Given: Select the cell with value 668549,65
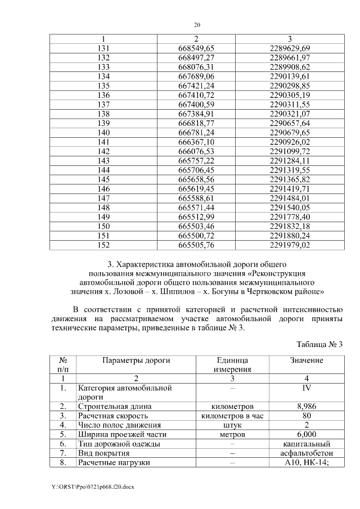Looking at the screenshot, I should point(196,48).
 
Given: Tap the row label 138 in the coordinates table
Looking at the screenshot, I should point(103,113).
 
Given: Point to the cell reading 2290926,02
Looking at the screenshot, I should point(290,142).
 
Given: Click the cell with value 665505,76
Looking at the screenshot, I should point(196,245).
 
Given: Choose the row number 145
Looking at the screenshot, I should point(103,179).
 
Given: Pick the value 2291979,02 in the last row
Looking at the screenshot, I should point(290,245).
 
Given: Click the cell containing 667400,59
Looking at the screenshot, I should point(196,104).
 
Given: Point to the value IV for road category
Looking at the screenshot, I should point(307,388).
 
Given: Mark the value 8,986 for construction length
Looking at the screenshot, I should point(307,406).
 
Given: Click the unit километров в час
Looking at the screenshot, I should point(232,416).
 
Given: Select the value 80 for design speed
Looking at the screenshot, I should point(307,416).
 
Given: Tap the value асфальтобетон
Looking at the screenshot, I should point(307,453).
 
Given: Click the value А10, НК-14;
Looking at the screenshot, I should point(307,463).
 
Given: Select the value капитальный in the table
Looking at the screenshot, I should point(307,444).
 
